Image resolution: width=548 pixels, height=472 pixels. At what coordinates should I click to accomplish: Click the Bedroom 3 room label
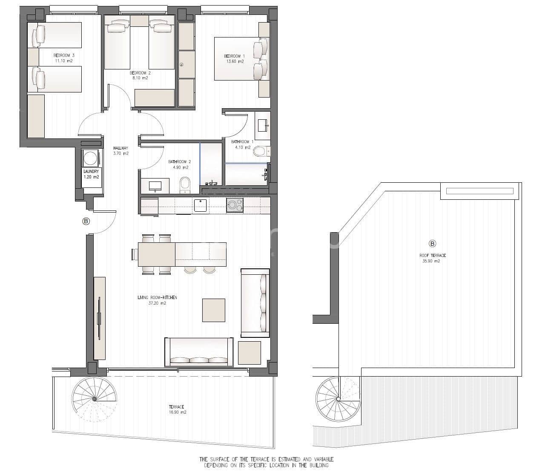pyautogui.click(x=64, y=55)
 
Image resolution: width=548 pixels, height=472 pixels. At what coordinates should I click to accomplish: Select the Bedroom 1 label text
pyautogui.click(x=235, y=56)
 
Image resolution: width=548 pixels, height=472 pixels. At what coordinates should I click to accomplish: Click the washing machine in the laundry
pyautogui.click(x=91, y=158)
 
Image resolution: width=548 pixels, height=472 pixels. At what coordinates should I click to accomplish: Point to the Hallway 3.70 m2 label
pyautogui.click(x=121, y=151)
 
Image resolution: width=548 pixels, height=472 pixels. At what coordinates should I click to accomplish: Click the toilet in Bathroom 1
pyautogui.click(x=260, y=151)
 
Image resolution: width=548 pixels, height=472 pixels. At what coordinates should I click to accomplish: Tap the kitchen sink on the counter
pyautogui.click(x=200, y=205)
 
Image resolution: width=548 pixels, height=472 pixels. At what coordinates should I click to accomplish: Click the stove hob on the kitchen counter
pyautogui.click(x=235, y=205)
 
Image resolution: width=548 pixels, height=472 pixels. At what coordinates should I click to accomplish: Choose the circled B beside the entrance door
pyautogui.click(x=86, y=221)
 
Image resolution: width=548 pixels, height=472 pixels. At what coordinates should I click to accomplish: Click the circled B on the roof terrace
pyautogui.click(x=433, y=244)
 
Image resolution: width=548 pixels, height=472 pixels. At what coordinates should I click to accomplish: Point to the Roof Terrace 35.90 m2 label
pyautogui.click(x=432, y=258)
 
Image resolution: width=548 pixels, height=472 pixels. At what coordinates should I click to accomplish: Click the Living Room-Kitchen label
pyautogui.click(x=157, y=300)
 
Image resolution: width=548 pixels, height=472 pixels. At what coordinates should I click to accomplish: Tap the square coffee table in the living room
pyautogui.click(x=213, y=310)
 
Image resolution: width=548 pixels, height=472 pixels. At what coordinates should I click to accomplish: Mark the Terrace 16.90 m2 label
pyautogui.click(x=177, y=409)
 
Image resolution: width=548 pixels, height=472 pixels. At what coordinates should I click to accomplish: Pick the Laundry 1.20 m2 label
pyautogui.click(x=91, y=174)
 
